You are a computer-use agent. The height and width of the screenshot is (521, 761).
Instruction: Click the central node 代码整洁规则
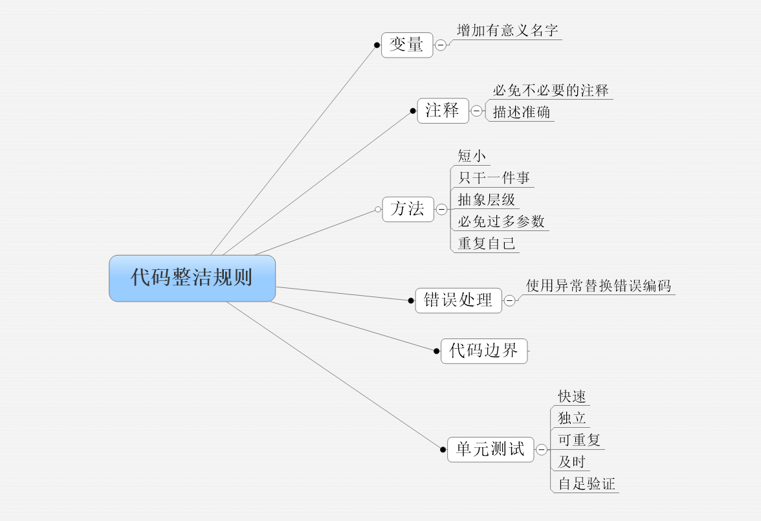point(192,278)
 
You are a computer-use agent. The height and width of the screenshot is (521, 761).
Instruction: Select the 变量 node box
point(407,45)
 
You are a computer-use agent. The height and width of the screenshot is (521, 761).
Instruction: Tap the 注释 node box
point(443,111)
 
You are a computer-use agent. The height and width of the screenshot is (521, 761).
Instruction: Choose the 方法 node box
point(408,209)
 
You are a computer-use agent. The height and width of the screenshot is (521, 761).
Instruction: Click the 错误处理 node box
point(458,300)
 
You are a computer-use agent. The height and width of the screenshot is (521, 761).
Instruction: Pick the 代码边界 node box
point(483,351)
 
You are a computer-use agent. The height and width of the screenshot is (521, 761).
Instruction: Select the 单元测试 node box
point(491,449)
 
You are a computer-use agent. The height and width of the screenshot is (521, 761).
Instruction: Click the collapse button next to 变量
point(441,45)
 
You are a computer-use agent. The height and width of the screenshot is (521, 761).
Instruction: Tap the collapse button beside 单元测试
point(542,450)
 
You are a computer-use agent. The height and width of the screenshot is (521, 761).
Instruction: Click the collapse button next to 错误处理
point(510,300)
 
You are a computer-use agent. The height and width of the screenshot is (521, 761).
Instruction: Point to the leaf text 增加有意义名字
point(507,30)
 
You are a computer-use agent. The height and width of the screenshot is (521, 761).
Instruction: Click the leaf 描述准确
point(522,112)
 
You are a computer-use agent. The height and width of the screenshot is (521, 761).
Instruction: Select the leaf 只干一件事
point(494,178)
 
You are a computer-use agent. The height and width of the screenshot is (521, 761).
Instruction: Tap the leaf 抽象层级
point(487,200)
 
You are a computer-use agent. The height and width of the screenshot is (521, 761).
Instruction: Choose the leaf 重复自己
point(487,243)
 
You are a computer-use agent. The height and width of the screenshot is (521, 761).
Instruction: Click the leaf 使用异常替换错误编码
point(599,285)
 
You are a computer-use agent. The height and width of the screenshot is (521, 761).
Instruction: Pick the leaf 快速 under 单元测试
point(572,397)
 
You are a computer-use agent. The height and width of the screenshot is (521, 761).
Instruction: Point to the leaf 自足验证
point(586,483)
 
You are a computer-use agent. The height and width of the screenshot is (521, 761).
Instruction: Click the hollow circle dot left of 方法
point(378,210)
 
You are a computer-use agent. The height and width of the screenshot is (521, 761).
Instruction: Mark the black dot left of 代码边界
point(437,351)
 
